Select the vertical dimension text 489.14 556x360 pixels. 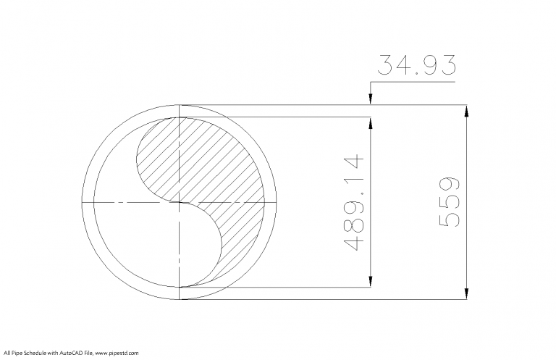coord(354,202)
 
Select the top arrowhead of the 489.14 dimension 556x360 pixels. coord(371,122)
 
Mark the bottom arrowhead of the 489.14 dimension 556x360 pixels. coord(371,282)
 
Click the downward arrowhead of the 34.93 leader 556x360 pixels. coord(371,101)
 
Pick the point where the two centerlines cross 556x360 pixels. coord(180,202)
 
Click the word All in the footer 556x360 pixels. coord(7,353)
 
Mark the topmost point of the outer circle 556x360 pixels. coord(180,105)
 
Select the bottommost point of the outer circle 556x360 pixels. coord(180,299)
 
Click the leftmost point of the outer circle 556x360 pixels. coord(83,202)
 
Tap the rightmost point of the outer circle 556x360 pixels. coord(277,202)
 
